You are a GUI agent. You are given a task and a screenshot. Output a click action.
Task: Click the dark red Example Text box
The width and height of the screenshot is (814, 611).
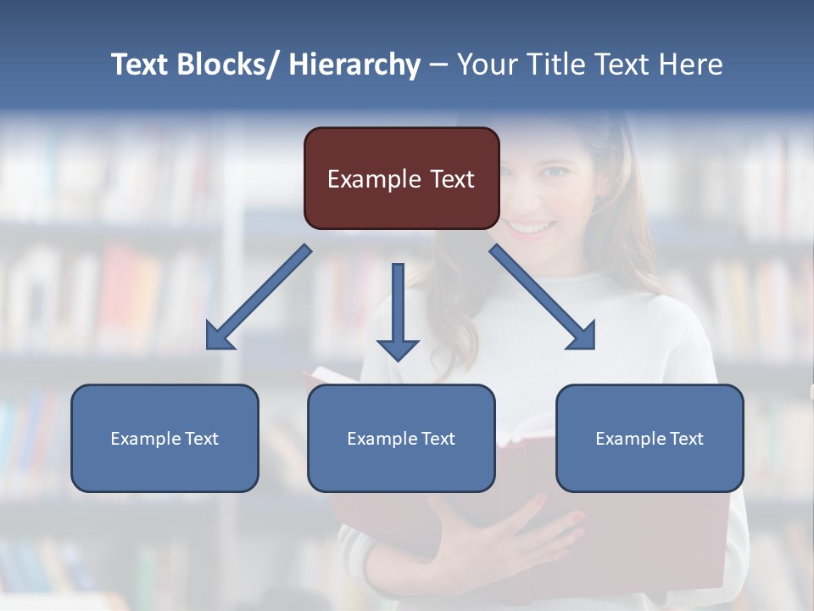tap(401, 178)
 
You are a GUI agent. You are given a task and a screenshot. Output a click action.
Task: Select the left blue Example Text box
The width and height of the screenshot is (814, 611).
tap(164, 438)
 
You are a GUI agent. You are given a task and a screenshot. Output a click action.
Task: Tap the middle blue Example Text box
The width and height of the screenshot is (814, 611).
tap(401, 438)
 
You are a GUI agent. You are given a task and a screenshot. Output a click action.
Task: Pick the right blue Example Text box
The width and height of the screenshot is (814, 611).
tap(650, 438)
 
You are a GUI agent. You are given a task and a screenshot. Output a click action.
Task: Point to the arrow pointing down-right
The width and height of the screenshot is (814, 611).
tap(543, 297)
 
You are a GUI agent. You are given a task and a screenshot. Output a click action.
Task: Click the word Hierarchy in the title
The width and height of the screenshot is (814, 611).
tap(354, 64)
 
